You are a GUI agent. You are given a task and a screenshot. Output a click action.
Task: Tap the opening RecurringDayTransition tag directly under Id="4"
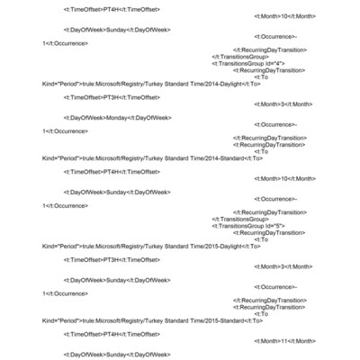(x=269, y=70)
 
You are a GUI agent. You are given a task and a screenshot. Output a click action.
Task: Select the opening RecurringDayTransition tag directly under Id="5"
(x=269, y=232)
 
